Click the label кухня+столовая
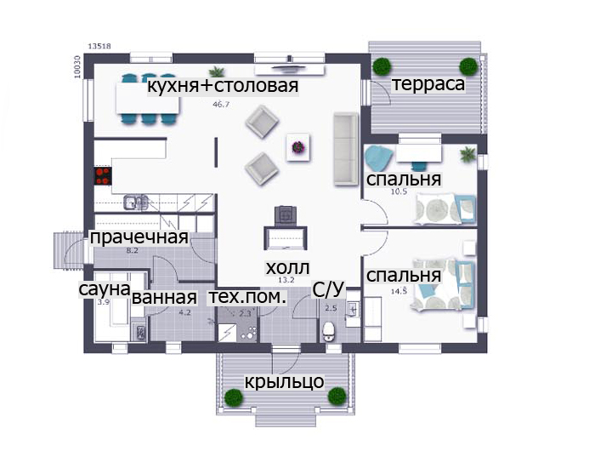tap(223, 86)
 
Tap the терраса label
tap(428, 84)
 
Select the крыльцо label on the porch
tap(284, 381)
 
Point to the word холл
tap(287, 268)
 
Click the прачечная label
tap(139, 237)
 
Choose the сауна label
tap(105, 289)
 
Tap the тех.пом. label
tap(248, 297)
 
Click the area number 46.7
tap(221, 105)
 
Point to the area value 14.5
tap(399, 291)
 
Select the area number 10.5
tap(399, 191)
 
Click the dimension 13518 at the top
tap(99, 46)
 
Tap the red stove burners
tap(103, 176)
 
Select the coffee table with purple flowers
tap(298, 147)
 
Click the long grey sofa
tap(346, 149)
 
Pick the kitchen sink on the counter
tap(136, 203)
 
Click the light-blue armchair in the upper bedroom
tap(378, 157)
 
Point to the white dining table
tap(148, 99)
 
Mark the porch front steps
tap(286, 420)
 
